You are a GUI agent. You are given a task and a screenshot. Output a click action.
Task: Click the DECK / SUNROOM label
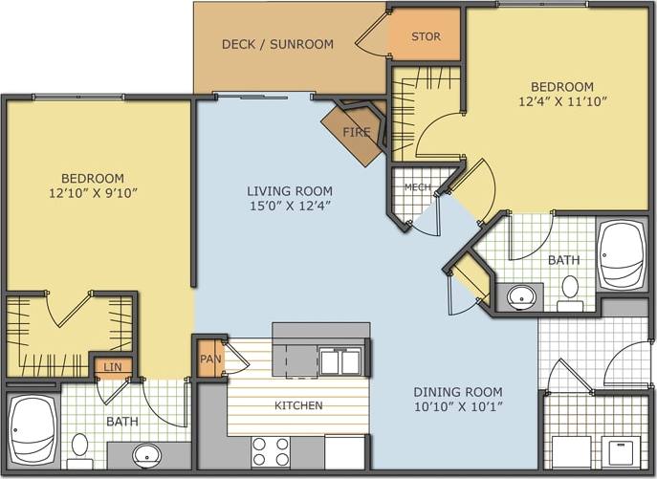277,44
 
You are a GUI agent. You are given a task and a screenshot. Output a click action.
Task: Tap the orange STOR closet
426,37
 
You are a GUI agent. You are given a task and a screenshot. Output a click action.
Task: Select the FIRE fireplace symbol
356,132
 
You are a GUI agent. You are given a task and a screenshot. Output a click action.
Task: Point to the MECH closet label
416,186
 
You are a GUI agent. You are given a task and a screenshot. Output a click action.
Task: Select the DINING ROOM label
458,392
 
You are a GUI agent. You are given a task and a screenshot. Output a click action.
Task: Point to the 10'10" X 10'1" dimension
458,407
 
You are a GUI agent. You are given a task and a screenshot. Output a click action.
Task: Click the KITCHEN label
298,405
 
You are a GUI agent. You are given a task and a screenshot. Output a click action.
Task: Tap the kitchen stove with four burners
271,449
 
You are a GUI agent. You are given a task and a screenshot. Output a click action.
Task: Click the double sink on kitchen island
339,362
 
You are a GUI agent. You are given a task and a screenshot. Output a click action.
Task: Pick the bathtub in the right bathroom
622,256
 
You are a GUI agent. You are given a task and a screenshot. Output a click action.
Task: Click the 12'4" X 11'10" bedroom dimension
563,100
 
